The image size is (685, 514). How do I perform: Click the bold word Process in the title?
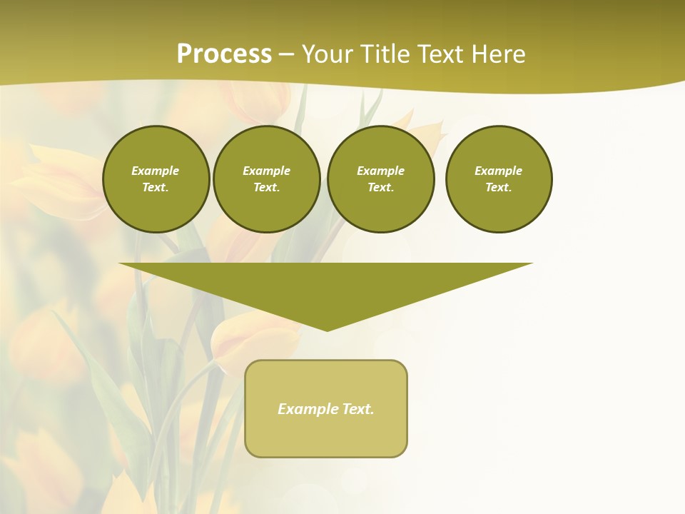click(x=224, y=54)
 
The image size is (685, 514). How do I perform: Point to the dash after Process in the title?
click(x=287, y=55)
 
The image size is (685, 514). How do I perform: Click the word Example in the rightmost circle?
click(x=498, y=171)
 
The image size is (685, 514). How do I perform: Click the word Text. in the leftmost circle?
click(x=156, y=188)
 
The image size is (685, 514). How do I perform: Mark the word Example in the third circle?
click(x=380, y=171)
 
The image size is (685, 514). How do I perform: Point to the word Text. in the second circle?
click(x=267, y=188)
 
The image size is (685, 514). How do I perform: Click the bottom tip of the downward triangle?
click(x=327, y=329)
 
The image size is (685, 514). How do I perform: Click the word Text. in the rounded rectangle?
click(x=357, y=409)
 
